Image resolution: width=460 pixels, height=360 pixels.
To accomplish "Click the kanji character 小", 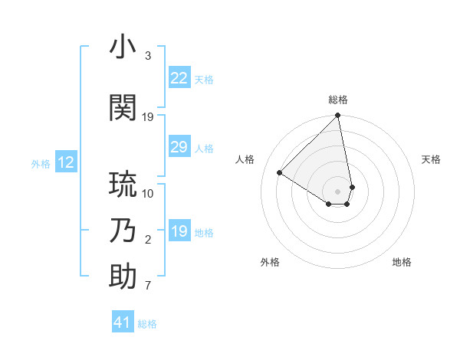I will click(123, 47).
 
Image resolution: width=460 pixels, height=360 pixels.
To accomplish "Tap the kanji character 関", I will click(123, 108).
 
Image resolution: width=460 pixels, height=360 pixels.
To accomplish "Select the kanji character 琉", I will click(123, 185).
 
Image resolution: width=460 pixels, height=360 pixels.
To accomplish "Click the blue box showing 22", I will click(179, 78).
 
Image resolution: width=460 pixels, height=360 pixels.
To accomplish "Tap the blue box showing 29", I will click(179, 147).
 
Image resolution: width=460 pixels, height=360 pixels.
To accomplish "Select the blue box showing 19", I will click(179, 231).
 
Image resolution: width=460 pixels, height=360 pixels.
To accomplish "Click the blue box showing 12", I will click(65, 162).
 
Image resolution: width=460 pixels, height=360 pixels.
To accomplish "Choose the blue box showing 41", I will click(123, 322).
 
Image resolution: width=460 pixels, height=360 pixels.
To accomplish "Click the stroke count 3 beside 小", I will click(148, 56).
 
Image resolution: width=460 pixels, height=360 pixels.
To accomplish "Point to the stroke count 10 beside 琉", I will click(148, 193).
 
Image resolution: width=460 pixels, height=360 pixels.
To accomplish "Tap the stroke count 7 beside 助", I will click(148, 286).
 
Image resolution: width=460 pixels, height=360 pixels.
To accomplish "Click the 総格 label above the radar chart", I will click(338, 100).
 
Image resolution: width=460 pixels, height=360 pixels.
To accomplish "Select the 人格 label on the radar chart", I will click(245, 159).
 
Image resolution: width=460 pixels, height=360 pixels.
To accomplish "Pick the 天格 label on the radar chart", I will click(431, 159).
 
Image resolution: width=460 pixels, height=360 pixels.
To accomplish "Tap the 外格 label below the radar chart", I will click(270, 262).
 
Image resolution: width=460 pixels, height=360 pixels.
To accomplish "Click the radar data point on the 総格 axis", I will click(338, 116).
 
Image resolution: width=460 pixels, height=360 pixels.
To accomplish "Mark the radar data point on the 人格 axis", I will click(280, 172).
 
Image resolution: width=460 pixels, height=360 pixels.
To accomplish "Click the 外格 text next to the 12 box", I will click(41, 163).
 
